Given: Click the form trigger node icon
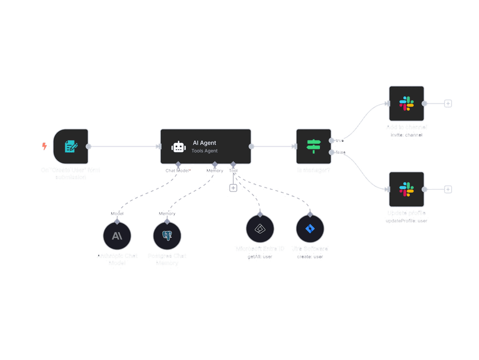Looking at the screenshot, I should [x=71, y=146].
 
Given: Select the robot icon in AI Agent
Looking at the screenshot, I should [x=178, y=146].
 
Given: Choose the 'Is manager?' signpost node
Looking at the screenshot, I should [x=313, y=146].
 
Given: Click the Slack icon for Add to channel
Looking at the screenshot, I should [x=406, y=104].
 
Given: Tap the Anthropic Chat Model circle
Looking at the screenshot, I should [x=117, y=236].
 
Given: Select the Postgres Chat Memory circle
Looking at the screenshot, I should [x=167, y=236].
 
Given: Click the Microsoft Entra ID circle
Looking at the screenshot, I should [x=260, y=229].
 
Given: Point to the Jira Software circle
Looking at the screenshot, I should [x=310, y=229].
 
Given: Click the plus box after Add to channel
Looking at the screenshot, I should [x=448, y=104].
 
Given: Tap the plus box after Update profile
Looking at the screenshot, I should [x=448, y=189].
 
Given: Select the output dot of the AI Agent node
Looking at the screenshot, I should [x=252, y=146].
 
